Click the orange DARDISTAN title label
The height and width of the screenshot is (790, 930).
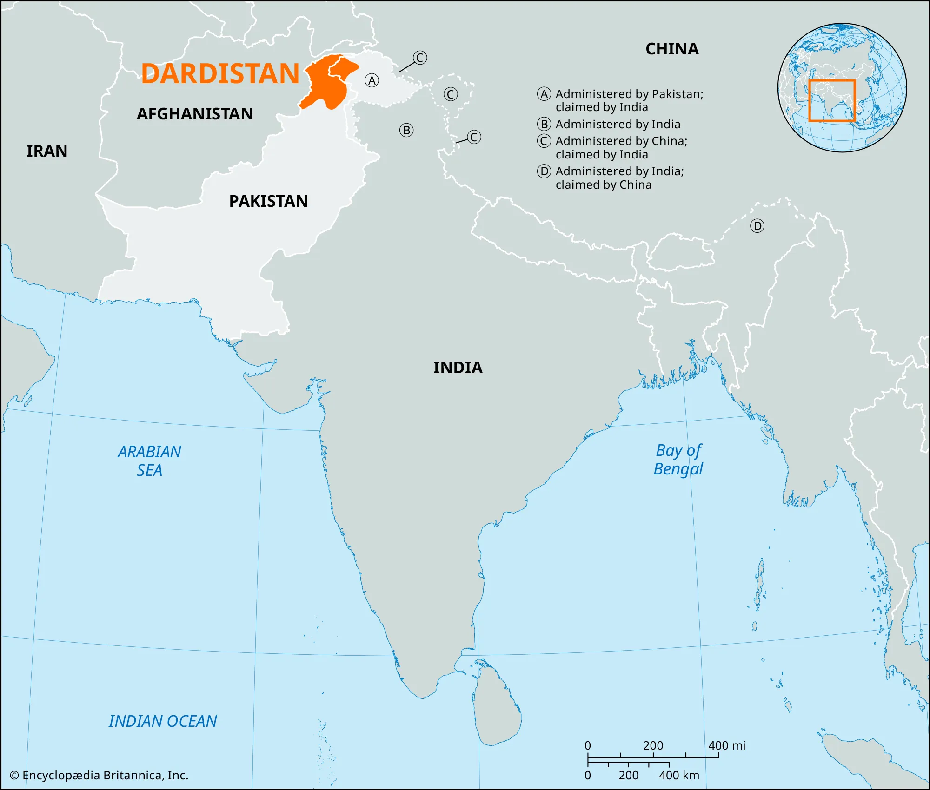click(220, 73)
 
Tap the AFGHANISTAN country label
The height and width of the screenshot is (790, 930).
click(194, 114)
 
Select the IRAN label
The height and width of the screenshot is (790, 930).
click(46, 151)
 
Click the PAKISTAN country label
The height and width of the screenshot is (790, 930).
click(268, 201)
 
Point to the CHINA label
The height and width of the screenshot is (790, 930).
click(672, 49)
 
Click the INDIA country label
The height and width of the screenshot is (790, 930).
click(458, 368)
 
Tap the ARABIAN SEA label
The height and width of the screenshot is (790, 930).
click(149, 461)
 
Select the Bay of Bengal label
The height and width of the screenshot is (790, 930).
click(678, 460)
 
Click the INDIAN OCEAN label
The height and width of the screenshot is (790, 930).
click(163, 721)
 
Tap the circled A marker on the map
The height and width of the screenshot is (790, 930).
click(372, 80)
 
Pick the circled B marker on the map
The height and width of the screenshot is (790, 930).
click(406, 130)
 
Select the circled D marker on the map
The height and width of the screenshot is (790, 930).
click(757, 226)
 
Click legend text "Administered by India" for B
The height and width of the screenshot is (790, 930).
click(618, 124)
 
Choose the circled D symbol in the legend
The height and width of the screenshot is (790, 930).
click(544, 171)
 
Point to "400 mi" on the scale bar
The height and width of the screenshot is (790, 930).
click(726, 745)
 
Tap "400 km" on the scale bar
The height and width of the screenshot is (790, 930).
click(679, 775)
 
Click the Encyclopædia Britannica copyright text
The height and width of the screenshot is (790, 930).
click(99, 775)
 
